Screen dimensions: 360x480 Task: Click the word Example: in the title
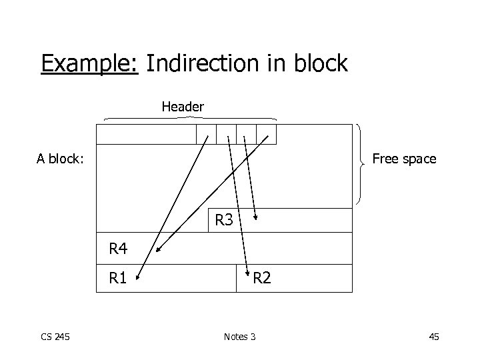coord(89,64)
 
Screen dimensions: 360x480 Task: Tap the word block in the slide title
coord(318,64)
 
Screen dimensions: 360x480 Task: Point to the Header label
coord(183,107)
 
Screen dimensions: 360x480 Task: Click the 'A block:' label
coord(60,159)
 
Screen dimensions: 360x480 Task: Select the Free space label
coord(404,159)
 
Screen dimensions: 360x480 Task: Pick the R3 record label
coord(224,219)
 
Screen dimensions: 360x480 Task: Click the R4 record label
coord(118,250)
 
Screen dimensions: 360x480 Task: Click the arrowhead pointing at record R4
coord(159,251)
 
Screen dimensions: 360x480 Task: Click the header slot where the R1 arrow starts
coord(207,134)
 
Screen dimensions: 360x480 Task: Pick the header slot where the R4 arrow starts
coord(267,134)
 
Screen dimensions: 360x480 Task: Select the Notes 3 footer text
coord(239,337)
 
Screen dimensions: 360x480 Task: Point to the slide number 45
coord(433,337)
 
